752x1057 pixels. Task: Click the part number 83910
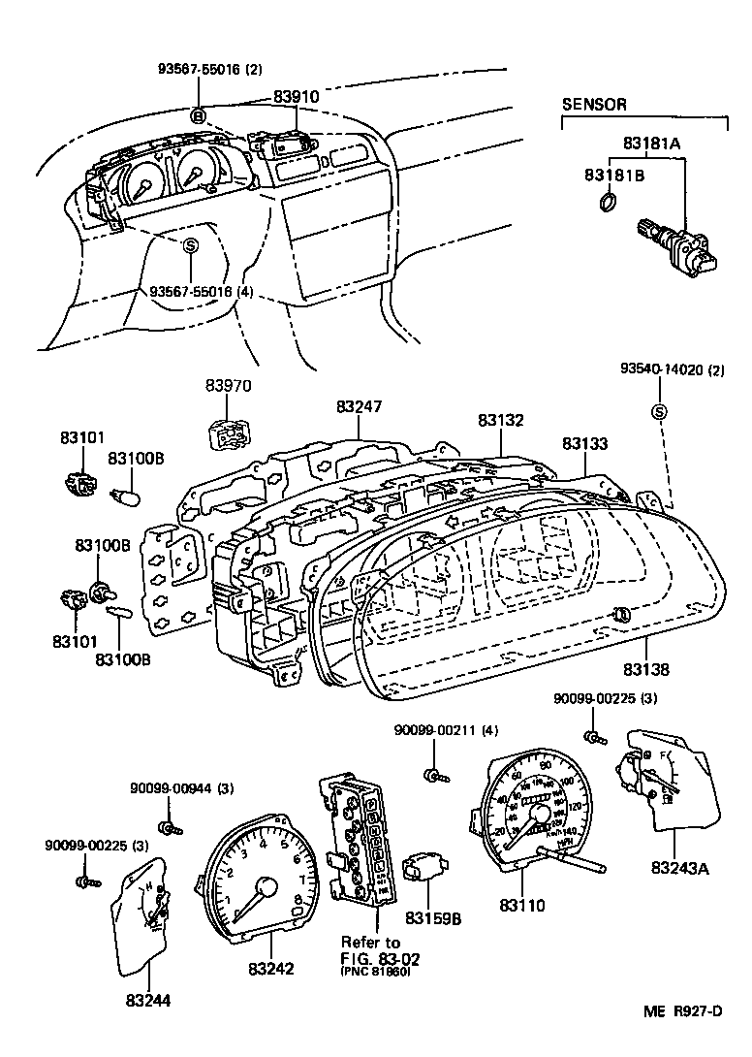coord(295,98)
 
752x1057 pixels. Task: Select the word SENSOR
coord(595,104)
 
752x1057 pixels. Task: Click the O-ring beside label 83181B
coord(607,203)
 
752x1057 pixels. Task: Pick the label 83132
coord(501,421)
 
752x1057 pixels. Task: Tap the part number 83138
coord(646,669)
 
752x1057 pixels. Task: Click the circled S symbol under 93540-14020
coord(659,412)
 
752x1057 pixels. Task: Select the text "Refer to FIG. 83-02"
coord(371,950)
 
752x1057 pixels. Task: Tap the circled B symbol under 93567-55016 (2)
coord(198,115)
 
